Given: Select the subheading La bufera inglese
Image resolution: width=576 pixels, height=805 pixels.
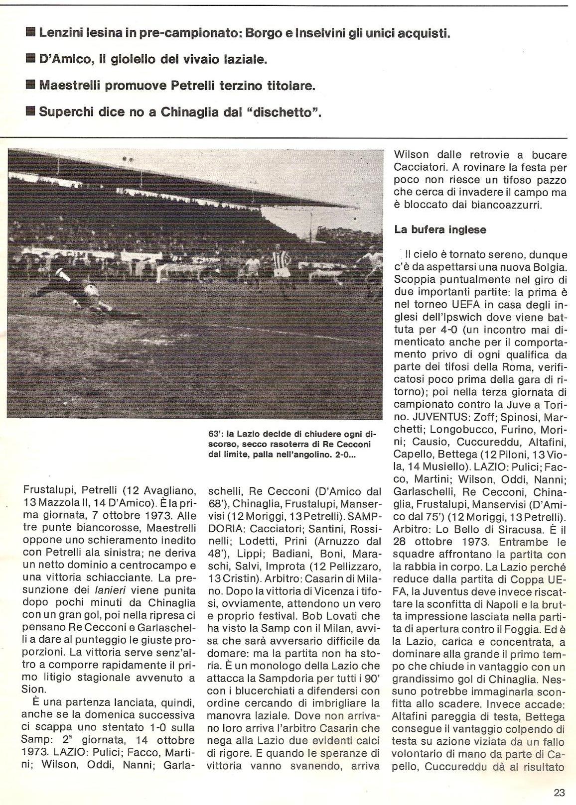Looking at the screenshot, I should (x=440, y=230).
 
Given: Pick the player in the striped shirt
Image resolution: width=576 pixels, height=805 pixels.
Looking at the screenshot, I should (x=277, y=269).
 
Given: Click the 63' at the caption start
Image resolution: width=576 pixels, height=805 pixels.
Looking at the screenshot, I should (x=214, y=434).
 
